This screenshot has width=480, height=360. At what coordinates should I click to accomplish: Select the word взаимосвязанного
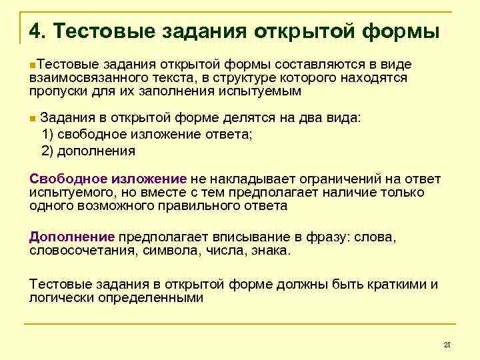point(80,77)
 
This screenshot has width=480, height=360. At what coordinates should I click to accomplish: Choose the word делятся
point(221,117)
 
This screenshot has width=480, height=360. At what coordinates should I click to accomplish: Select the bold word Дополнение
point(72,237)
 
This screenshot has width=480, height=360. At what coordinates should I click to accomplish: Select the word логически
point(61,297)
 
